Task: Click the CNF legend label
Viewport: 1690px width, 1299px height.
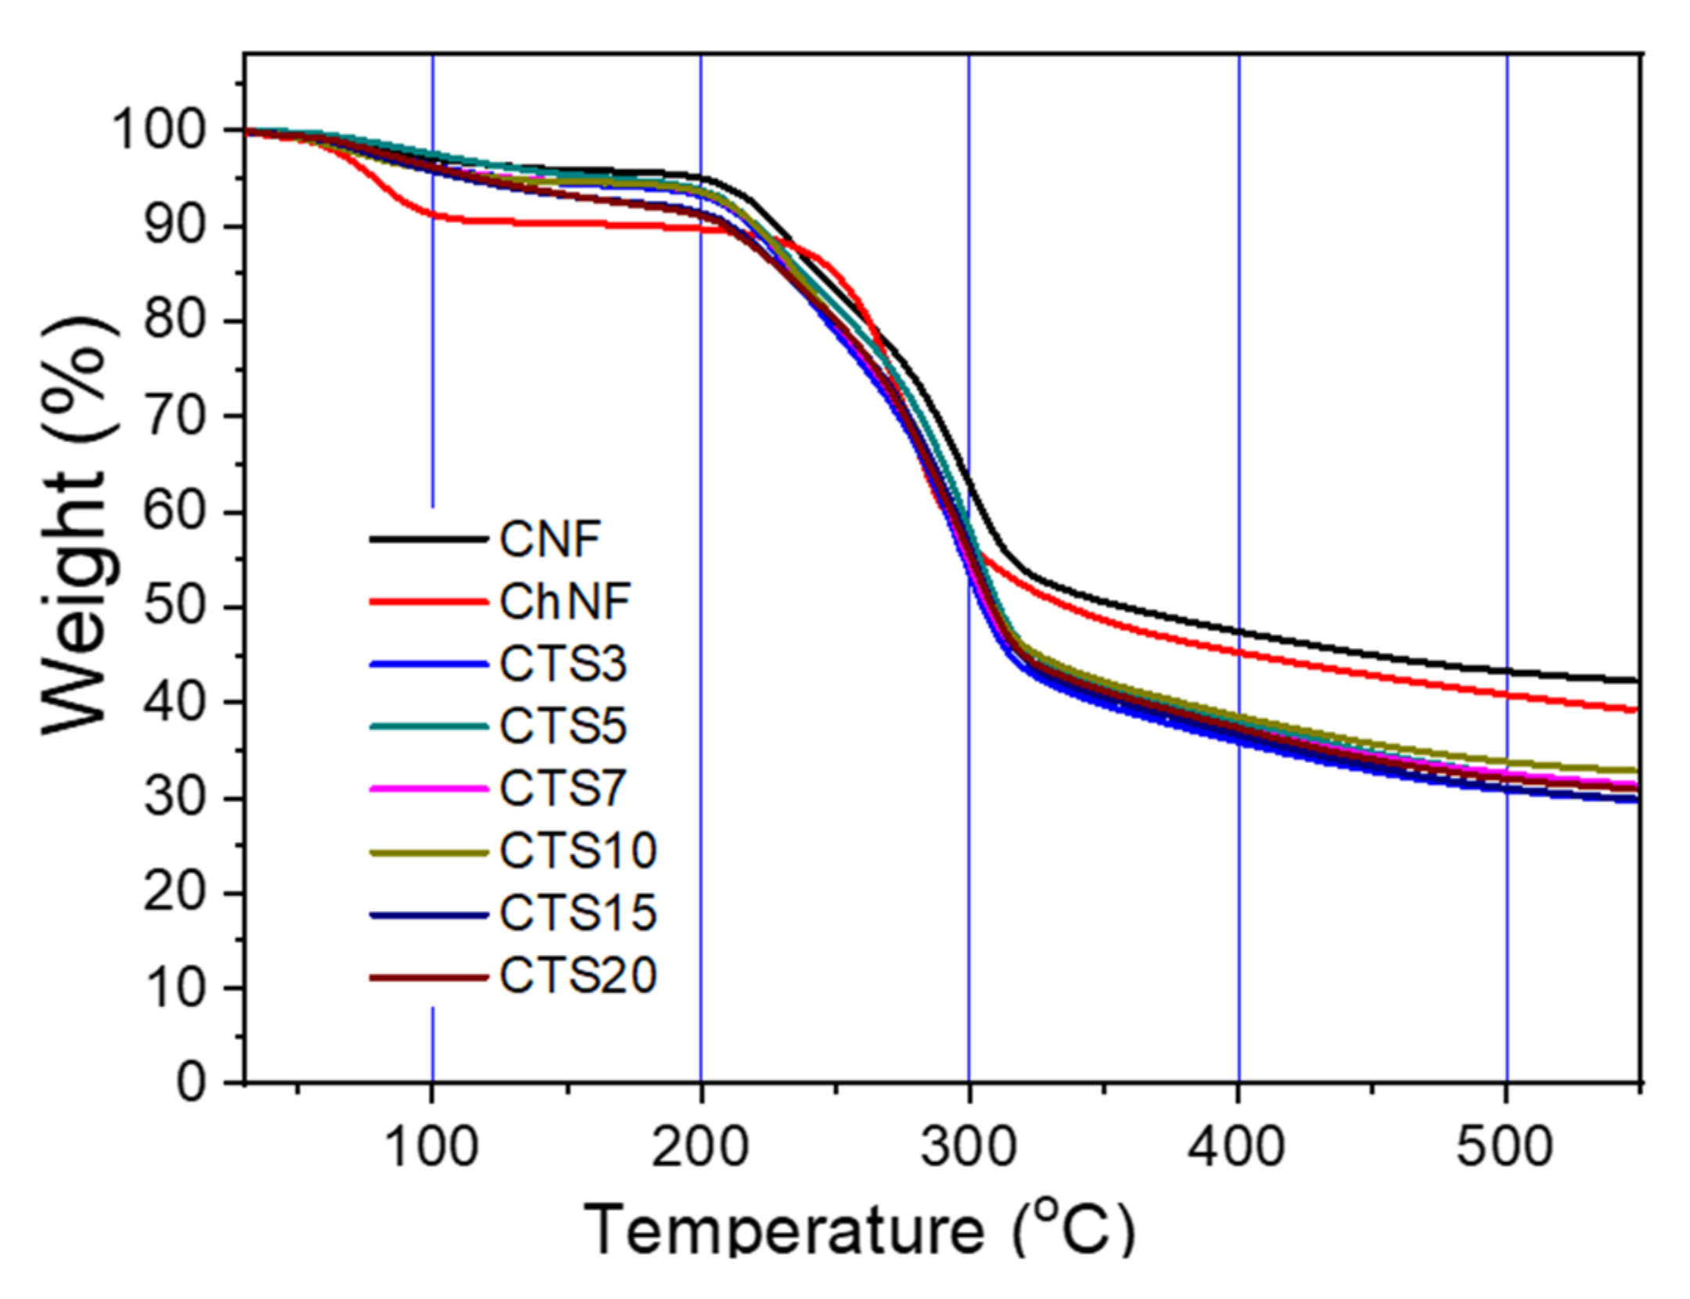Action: (x=550, y=539)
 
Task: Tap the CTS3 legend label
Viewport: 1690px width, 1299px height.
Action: (x=563, y=664)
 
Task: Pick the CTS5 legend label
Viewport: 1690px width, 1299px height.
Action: (x=563, y=727)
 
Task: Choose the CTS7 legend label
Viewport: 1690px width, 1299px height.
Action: (x=563, y=789)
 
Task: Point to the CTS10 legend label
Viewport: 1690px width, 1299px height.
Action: (x=578, y=851)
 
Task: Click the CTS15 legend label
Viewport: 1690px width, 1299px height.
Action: (x=578, y=913)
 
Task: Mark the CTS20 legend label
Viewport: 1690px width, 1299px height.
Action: (x=578, y=976)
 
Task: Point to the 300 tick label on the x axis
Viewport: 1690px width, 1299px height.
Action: (x=969, y=1147)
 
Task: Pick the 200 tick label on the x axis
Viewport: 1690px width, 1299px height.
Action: (x=700, y=1147)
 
